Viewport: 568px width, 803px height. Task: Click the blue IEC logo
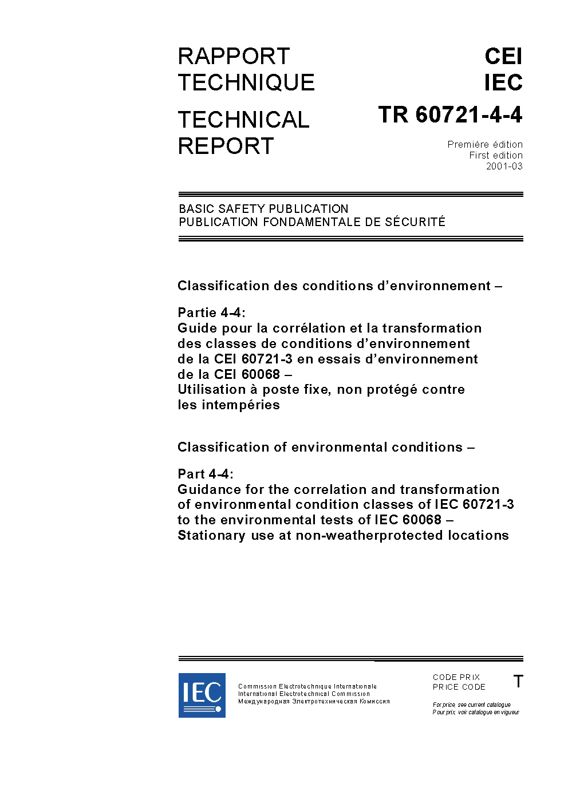coord(202,695)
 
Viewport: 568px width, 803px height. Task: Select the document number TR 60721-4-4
coord(450,115)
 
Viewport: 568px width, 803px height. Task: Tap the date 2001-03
coord(504,167)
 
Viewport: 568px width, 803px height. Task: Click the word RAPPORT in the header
coord(234,57)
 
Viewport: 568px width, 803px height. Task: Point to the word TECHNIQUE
coord(246,83)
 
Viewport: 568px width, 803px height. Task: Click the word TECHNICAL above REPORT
coord(243,120)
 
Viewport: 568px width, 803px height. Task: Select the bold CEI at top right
coord(503,57)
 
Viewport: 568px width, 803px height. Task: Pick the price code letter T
coord(518,682)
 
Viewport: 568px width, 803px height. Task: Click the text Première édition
coord(485,145)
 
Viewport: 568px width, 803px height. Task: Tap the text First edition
coord(496,156)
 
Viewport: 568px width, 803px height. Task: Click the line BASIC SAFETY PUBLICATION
coord(263,209)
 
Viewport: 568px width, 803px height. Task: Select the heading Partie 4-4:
coord(211,313)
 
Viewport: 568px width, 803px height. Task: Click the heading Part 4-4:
coord(206,474)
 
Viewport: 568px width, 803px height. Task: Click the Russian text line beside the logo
coord(314,701)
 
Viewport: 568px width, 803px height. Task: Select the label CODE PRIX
coord(456,677)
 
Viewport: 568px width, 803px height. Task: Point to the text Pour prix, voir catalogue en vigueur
coord(475,713)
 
